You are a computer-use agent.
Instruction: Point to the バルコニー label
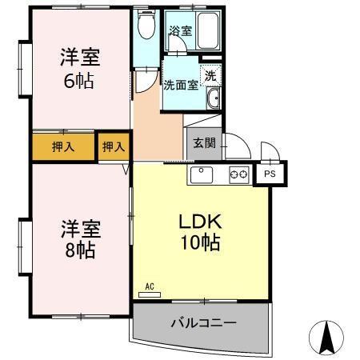click(x=203, y=324)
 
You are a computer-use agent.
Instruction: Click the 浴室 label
click(x=179, y=31)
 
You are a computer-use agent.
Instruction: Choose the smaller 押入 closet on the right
click(x=113, y=146)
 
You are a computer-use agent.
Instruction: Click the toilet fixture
click(x=146, y=26)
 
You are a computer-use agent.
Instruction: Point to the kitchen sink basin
click(x=200, y=174)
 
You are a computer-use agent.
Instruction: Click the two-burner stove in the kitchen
click(x=239, y=174)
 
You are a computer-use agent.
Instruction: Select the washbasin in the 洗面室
click(x=214, y=99)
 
